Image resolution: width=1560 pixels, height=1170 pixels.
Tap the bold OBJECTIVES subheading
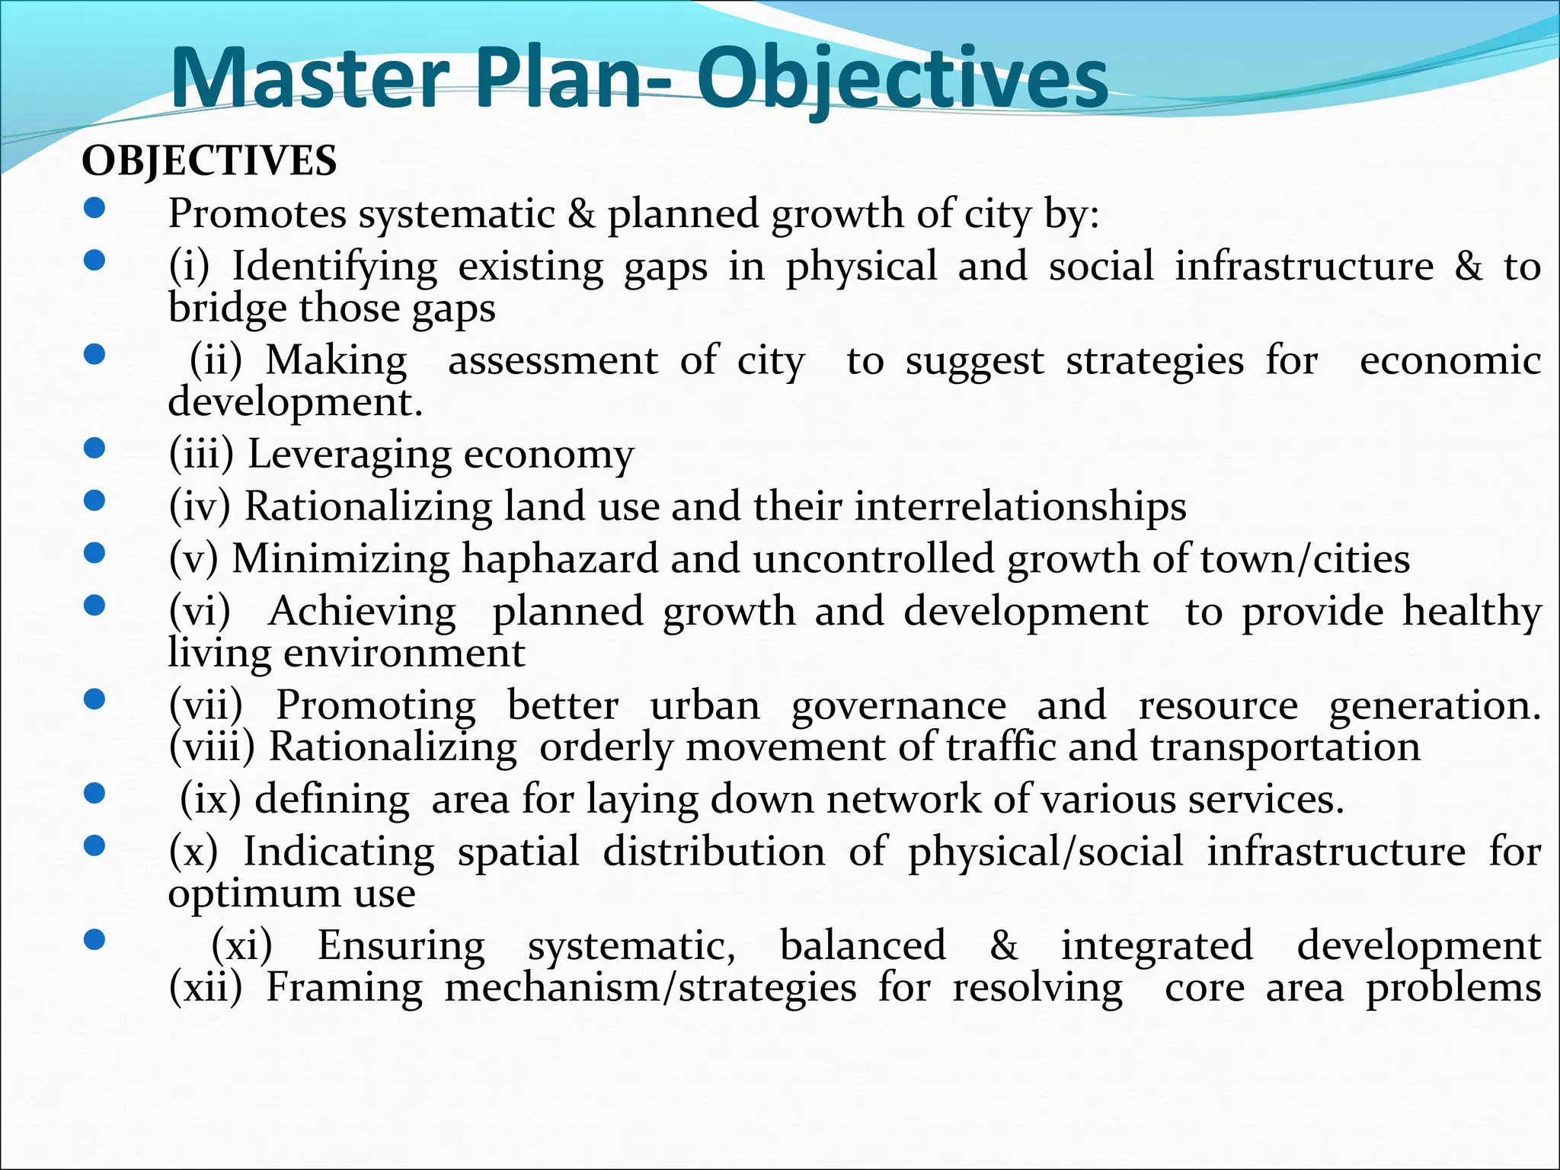(x=209, y=161)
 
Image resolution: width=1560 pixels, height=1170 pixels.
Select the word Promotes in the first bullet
(x=257, y=213)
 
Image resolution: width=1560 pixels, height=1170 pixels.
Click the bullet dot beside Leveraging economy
(x=94, y=449)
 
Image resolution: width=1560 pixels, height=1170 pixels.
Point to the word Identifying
(x=334, y=267)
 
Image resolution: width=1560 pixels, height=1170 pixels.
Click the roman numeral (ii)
(x=216, y=360)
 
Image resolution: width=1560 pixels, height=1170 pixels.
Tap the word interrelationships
(x=1020, y=506)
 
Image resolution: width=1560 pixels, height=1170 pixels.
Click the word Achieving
(x=362, y=611)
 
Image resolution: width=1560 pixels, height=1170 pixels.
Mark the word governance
(x=899, y=705)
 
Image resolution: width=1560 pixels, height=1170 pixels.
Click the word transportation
(x=1285, y=747)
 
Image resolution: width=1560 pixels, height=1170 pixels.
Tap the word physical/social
(x=1046, y=852)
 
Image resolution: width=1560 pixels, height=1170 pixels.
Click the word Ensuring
(x=401, y=946)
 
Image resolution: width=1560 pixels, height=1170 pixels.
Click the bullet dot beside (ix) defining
(x=94, y=794)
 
